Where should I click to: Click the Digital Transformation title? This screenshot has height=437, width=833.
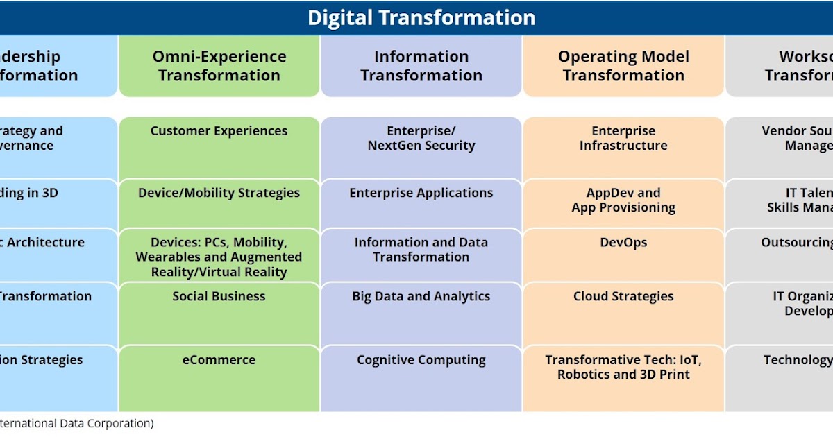421,17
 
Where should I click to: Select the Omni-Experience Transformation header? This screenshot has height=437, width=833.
219,66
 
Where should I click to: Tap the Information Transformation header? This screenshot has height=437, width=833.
421,66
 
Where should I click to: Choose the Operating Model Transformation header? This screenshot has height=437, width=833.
623,66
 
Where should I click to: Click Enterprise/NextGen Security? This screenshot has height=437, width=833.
421,138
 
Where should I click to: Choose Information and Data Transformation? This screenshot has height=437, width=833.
421,250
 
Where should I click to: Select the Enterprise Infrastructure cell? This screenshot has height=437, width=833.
623,138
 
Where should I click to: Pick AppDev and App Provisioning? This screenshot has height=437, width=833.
623,200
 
